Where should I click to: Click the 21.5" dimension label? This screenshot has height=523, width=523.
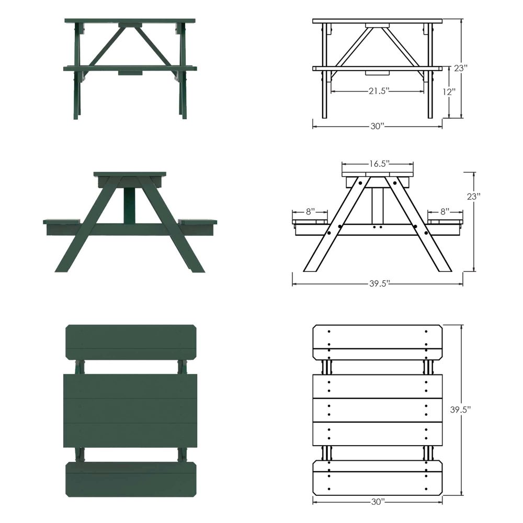point(377,91)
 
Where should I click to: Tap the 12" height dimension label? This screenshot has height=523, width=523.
point(448,91)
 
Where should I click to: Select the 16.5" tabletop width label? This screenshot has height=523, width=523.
point(377,163)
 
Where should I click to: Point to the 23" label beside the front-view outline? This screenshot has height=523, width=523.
point(461,68)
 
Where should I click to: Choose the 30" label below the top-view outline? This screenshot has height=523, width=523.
point(377,502)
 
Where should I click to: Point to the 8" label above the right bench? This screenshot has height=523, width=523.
point(445,211)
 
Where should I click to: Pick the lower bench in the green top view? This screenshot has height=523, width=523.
point(130,479)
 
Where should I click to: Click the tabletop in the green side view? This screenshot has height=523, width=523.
point(130,174)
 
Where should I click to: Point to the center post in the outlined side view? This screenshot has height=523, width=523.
point(377,206)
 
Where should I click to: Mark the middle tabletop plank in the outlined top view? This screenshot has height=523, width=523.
point(377,410)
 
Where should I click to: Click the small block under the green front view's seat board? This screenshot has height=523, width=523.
point(130,73)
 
